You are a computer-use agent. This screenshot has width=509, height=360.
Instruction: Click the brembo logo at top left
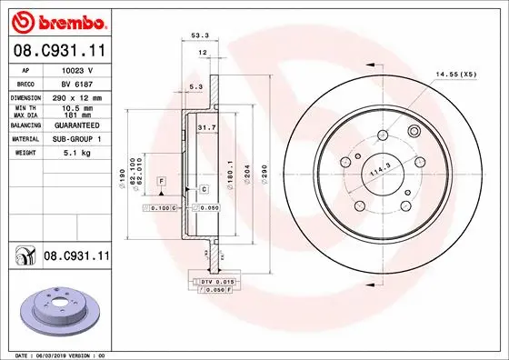coord(58,20)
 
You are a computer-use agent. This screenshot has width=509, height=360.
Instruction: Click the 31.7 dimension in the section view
coord(206,128)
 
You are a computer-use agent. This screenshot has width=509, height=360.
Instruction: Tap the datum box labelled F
coord(161,182)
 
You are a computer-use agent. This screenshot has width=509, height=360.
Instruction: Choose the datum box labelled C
coord(205,189)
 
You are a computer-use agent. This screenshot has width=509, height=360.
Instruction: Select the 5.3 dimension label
coord(195,87)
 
